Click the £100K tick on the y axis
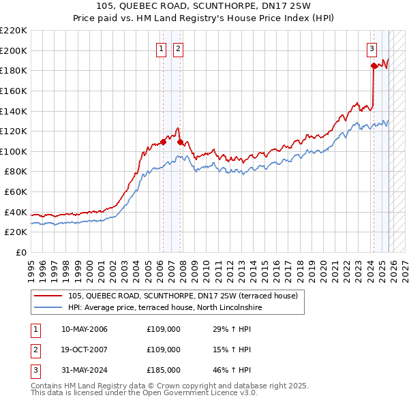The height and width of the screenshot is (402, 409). coord(14,151)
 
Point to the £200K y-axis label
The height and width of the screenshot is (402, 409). coord(14,50)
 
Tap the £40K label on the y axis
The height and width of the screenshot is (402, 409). coord(16,212)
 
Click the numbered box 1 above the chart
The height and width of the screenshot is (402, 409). coord(162,48)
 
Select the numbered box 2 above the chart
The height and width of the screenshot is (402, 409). coord(177,48)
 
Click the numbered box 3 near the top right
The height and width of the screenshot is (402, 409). coord(372,48)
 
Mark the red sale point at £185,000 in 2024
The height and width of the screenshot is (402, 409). coord(374,65)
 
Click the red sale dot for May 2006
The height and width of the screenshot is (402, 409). coord(163,142)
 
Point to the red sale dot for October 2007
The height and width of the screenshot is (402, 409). coord(180,142)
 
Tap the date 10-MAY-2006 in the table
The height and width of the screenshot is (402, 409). coord(84,330)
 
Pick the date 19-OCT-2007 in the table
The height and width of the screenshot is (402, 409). coord(84,350)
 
